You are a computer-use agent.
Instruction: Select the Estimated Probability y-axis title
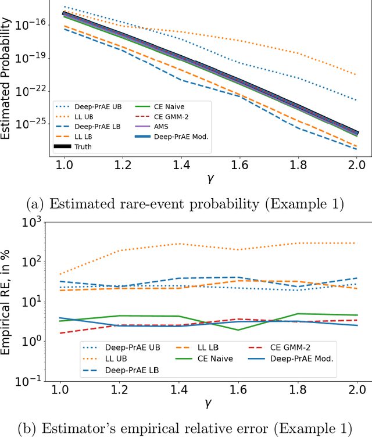pyautogui.click(x=7, y=78)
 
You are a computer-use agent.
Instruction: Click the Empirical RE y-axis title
pyautogui.click(x=8, y=300)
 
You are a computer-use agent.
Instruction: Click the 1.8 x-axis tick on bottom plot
pyautogui.click(x=298, y=388)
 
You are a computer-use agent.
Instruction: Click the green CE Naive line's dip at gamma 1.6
pyautogui.click(x=238, y=329)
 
